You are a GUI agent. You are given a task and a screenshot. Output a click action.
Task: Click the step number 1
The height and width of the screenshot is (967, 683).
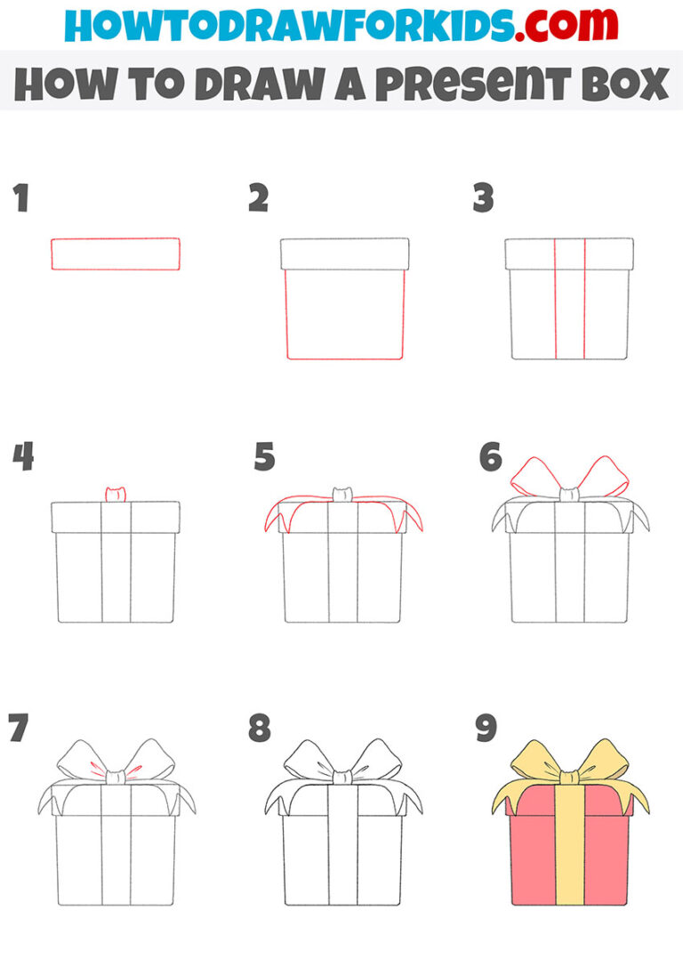point(20,199)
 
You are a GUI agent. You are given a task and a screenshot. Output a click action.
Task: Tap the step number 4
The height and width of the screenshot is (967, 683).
point(23,459)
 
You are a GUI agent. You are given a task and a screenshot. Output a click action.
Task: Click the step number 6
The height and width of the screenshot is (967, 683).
point(490,459)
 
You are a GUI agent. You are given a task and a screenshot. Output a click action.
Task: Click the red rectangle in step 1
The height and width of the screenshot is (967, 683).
point(116,254)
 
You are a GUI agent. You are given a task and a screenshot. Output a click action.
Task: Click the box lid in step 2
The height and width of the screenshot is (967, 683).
point(344,254)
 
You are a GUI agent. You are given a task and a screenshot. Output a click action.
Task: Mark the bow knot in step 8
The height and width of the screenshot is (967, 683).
point(342,777)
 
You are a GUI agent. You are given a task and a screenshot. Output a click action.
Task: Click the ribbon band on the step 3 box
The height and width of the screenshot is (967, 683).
point(570,302)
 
